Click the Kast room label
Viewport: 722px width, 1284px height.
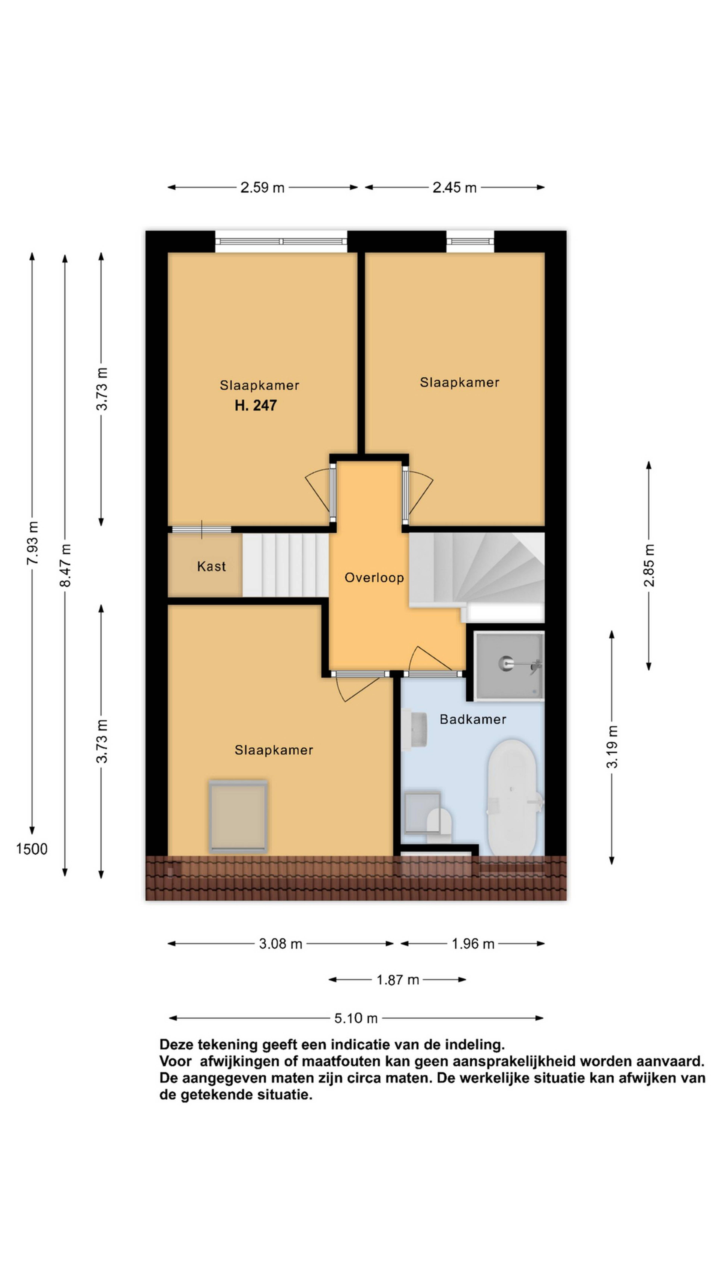point(211,566)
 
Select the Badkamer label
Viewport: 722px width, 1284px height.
point(473,719)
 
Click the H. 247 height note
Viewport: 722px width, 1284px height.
point(256,405)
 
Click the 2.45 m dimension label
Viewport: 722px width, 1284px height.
point(454,187)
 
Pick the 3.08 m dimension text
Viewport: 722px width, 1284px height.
point(281,944)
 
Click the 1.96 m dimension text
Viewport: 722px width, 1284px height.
point(473,944)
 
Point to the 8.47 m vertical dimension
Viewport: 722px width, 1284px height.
point(65,565)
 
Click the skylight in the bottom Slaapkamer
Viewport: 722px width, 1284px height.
point(238,816)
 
